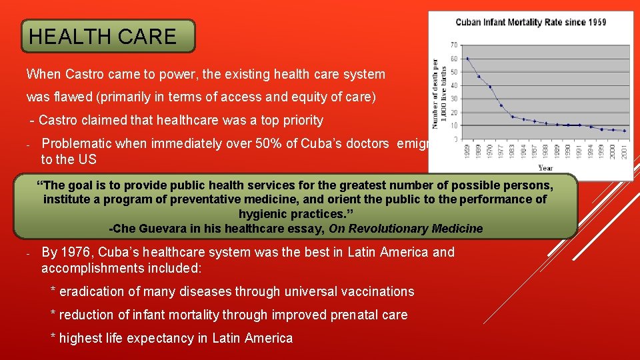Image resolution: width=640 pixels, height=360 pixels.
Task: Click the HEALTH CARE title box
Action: [108, 36]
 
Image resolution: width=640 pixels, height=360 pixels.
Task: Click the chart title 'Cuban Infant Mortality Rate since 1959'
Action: [531, 22]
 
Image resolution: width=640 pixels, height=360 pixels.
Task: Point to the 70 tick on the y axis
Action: [454, 45]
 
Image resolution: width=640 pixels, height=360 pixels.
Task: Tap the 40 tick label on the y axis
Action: [454, 85]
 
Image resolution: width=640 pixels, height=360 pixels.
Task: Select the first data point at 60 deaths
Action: [467, 59]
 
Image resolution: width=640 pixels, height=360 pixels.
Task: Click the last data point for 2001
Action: [624, 131]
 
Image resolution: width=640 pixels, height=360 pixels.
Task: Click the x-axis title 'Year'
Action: [545, 168]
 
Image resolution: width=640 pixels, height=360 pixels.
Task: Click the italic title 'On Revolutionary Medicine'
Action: [406, 229]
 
